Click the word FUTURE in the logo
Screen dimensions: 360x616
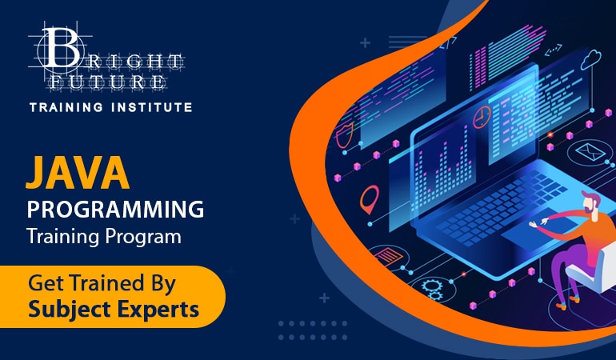[x=118, y=81]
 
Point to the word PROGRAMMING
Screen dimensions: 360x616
[x=115, y=210]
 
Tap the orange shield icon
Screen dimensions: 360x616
[x=345, y=136]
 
